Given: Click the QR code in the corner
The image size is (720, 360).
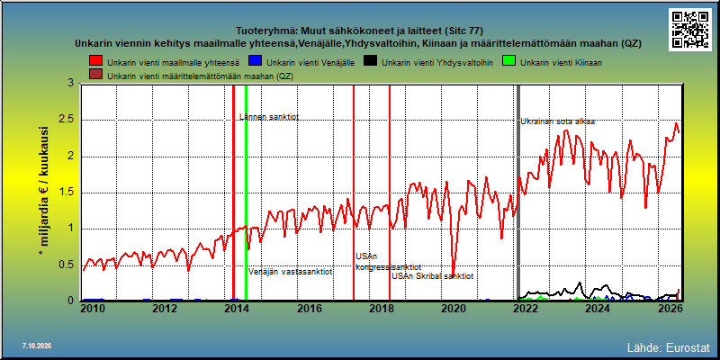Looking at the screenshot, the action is point(689,30).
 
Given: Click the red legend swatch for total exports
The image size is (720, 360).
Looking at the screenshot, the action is point(96,61).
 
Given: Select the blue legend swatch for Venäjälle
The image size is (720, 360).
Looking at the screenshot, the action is point(255,61).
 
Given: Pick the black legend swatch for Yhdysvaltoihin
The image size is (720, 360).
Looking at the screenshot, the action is point(370,61).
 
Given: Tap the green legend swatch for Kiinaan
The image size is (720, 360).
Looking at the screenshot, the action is point(509,61).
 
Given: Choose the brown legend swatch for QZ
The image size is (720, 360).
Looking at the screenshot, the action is point(96,76).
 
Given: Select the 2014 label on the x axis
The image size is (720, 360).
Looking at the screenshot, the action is point(237,308).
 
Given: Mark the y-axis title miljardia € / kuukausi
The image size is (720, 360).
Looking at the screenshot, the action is point(44,192).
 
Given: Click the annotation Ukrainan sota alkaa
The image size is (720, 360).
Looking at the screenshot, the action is point(557,121).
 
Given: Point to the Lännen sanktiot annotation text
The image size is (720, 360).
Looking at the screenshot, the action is point(269,117).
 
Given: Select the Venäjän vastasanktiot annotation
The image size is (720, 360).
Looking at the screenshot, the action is point(291,272).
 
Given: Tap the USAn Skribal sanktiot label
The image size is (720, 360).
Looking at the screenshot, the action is point(433,276).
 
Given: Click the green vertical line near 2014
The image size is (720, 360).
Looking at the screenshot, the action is point(246,193).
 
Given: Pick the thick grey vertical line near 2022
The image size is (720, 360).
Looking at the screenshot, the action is point(519,193).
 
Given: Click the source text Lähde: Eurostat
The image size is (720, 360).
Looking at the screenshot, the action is point(668,346).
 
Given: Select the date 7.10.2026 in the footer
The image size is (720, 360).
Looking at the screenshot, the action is point(37,346).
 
